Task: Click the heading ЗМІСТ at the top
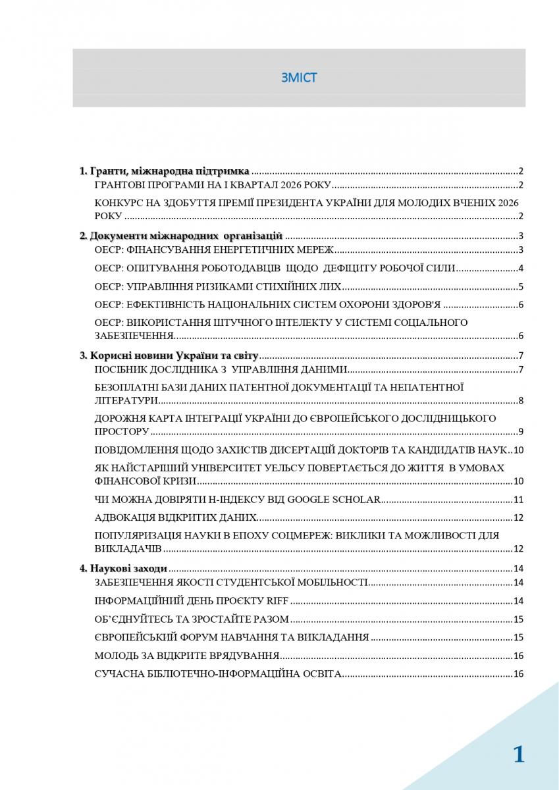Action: [x=299, y=78]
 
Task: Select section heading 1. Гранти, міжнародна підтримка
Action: [x=164, y=171]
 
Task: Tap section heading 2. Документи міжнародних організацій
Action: [x=181, y=236]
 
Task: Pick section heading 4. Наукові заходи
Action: [x=123, y=568]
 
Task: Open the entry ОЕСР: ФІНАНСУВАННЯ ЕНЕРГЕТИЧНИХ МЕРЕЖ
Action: [x=215, y=250]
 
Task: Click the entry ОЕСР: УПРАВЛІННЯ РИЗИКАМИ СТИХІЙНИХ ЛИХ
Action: [x=218, y=286]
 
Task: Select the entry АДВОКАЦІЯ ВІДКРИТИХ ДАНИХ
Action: [x=176, y=517]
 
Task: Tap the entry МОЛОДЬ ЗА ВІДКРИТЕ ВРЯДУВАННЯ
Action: [x=188, y=656]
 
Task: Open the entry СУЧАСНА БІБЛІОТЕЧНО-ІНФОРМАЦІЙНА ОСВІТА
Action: [x=218, y=674]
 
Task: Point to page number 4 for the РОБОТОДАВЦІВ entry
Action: [x=520, y=268]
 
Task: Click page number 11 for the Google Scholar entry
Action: [x=518, y=499]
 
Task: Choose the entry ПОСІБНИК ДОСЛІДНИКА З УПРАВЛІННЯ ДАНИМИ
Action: [x=221, y=369]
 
